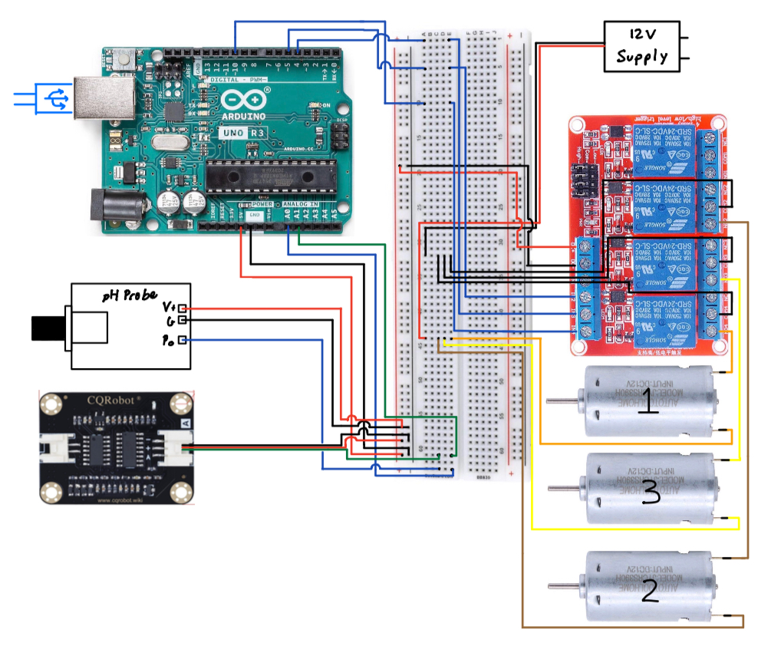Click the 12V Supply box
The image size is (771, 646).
(x=641, y=46)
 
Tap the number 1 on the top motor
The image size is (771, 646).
(x=649, y=402)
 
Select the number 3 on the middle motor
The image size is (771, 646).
(x=650, y=492)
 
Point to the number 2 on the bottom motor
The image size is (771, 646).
(x=649, y=590)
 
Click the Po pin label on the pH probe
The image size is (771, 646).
(x=170, y=340)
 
